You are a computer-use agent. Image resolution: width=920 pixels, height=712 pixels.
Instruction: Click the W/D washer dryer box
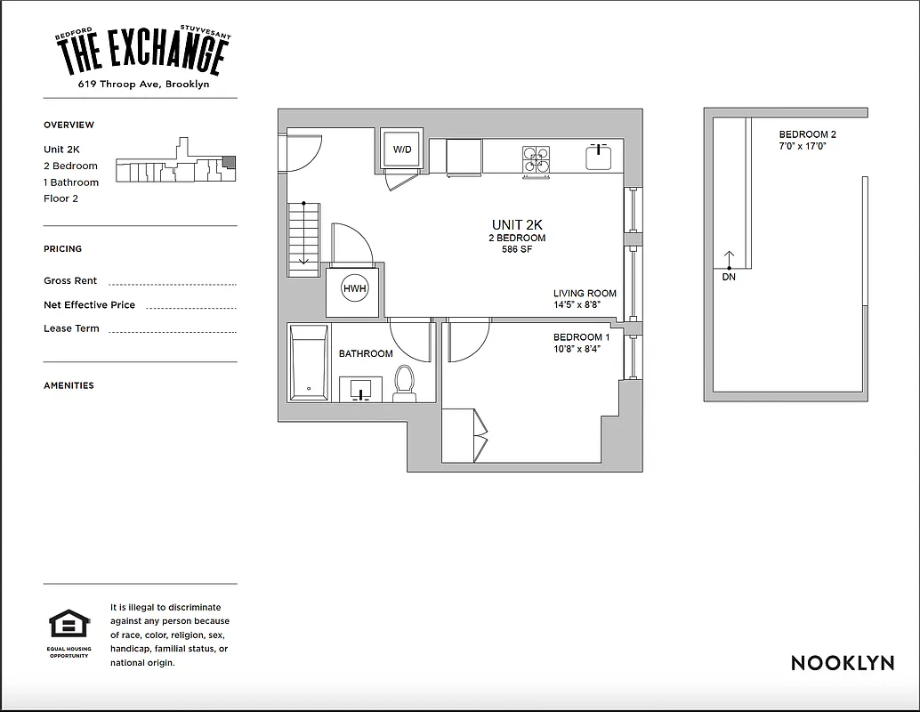tap(402, 150)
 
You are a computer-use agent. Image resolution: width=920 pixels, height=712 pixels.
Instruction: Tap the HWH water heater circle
tap(354, 289)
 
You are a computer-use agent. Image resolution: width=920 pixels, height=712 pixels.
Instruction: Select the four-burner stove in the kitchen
tap(536, 158)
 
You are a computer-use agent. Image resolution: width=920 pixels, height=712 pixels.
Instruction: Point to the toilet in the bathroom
tap(405, 383)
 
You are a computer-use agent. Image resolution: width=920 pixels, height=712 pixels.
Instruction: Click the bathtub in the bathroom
tap(309, 363)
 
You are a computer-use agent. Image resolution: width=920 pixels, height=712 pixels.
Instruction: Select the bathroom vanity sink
tap(361, 389)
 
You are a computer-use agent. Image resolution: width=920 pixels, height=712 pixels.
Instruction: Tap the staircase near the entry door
tap(303, 238)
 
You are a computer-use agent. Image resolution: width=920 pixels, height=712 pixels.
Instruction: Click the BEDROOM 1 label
tap(581, 337)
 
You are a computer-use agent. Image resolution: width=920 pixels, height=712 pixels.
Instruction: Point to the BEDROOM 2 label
tap(807, 134)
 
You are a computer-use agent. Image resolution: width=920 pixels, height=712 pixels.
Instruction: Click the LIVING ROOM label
tap(585, 294)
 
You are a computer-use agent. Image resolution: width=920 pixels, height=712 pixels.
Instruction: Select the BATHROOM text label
tap(366, 353)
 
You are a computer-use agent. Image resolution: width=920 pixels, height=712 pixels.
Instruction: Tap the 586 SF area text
tap(517, 250)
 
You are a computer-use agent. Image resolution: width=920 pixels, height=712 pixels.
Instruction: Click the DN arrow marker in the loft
tap(729, 263)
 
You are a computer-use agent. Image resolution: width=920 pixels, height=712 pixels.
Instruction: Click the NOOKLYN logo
tap(842, 663)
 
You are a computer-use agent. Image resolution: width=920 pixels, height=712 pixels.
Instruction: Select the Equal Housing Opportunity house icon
tap(69, 624)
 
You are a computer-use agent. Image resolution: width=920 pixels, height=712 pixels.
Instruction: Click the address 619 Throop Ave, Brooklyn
tap(143, 85)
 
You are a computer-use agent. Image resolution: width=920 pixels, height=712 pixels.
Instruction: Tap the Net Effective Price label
tap(89, 304)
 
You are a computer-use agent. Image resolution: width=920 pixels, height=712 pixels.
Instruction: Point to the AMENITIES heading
tap(69, 385)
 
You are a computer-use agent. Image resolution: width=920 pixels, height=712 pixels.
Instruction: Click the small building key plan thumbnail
tap(176, 164)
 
